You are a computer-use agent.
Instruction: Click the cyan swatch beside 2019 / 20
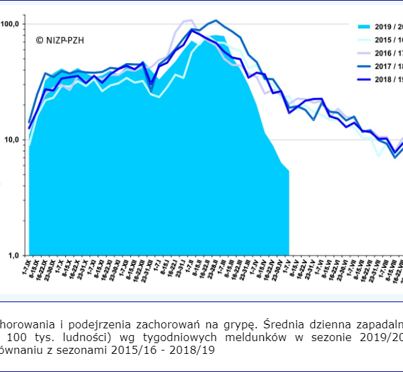(363, 27)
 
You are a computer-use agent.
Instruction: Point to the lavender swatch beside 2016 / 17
(363, 52)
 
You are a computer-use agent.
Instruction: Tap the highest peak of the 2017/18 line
(216, 20)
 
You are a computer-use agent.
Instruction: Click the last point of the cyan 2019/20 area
(289, 171)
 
